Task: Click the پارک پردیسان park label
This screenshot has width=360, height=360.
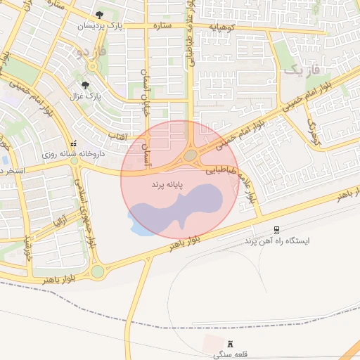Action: [x=100, y=26]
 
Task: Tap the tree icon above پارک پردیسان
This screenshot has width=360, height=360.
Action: [x=100, y=14]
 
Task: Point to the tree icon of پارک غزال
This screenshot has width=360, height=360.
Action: [x=86, y=84]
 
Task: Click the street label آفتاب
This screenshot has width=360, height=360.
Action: [x=117, y=134]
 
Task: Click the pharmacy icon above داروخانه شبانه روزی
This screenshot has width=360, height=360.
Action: [x=73, y=143]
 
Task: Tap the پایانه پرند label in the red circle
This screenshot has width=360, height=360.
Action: [x=167, y=184]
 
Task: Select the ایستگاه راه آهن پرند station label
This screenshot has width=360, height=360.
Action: [x=276, y=240]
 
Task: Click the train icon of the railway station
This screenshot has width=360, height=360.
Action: [x=276, y=229]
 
